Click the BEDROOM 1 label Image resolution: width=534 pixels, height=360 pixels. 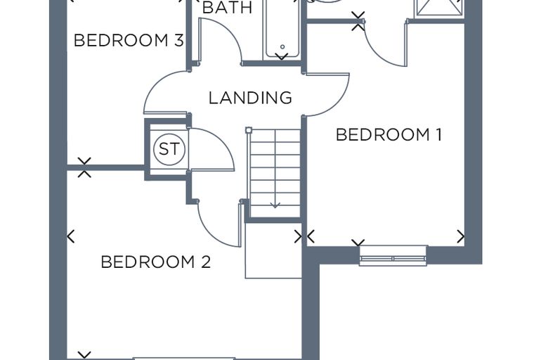(389, 135)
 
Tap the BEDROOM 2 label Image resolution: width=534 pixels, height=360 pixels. (156, 262)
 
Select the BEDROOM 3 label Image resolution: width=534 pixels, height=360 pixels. (129, 40)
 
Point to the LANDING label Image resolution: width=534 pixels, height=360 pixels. (250, 98)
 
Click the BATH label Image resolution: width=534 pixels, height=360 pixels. (227, 8)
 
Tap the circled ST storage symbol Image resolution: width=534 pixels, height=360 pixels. (169, 149)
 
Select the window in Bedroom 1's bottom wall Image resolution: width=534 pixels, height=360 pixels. (393, 255)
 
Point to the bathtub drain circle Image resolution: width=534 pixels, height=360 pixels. (282, 46)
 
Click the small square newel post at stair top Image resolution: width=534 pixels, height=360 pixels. (249, 130)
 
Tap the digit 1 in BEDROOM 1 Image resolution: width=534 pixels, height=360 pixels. (439, 135)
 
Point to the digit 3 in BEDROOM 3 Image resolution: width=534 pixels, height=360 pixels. (178, 40)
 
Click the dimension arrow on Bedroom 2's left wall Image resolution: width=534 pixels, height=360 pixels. (71, 236)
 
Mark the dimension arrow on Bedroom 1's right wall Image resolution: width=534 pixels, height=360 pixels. (461, 236)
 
